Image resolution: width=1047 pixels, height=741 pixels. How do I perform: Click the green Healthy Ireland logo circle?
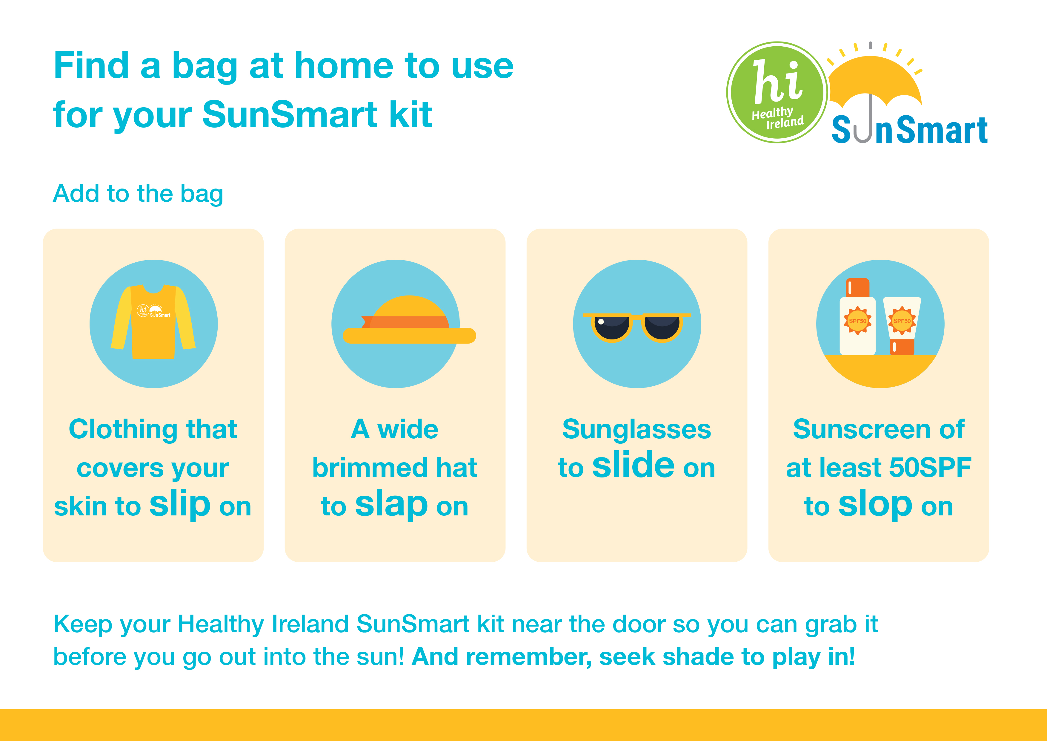point(777,92)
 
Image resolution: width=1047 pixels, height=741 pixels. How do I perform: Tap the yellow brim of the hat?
point(409,336)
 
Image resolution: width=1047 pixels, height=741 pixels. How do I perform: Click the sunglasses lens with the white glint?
point(611,327)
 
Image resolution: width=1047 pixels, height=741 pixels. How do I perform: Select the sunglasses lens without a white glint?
point(662,327)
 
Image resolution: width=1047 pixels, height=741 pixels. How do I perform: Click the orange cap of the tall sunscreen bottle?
point(858,287)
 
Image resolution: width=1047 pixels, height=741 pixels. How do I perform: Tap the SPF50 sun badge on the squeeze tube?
point(902,321)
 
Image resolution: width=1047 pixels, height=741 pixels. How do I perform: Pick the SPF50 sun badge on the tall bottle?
point(857,321)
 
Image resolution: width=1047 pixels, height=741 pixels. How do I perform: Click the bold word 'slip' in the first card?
point(180,504)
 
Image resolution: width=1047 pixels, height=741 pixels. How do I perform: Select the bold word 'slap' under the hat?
point(391,504)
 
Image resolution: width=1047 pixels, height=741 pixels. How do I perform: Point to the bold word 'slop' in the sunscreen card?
point(875,504)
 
